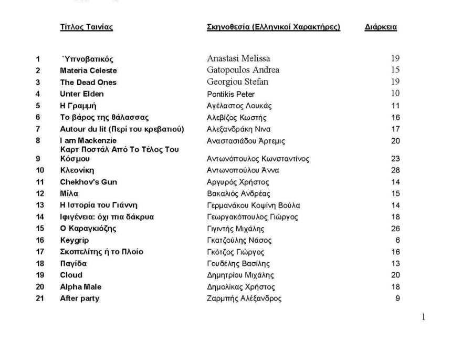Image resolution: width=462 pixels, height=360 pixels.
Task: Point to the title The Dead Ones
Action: point(88,83)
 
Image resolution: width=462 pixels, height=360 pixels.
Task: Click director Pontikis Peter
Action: point(230,95)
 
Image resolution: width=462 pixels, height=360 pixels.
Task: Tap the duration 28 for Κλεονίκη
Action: point(395,170)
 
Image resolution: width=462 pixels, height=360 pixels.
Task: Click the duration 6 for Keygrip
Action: point(397,240)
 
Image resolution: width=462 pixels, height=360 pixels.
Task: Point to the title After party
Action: point(80,299)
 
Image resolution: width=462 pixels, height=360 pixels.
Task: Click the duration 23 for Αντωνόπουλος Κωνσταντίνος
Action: point(395,159)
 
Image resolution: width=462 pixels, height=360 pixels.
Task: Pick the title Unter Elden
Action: point(82,94)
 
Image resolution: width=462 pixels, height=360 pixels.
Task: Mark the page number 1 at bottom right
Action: point(423,318)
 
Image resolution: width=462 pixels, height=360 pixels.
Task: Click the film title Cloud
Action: point(71,275)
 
